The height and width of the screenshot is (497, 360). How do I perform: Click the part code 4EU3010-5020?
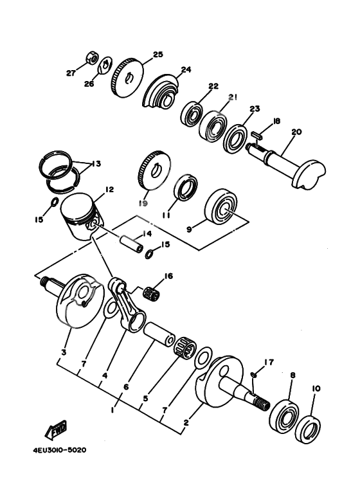58,450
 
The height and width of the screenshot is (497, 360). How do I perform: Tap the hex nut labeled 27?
92,59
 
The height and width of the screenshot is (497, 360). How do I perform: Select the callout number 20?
296,132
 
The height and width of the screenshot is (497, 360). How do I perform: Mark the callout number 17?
269,363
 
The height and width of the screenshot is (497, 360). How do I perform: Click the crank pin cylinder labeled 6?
157,336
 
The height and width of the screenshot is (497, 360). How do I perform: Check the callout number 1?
113,409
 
